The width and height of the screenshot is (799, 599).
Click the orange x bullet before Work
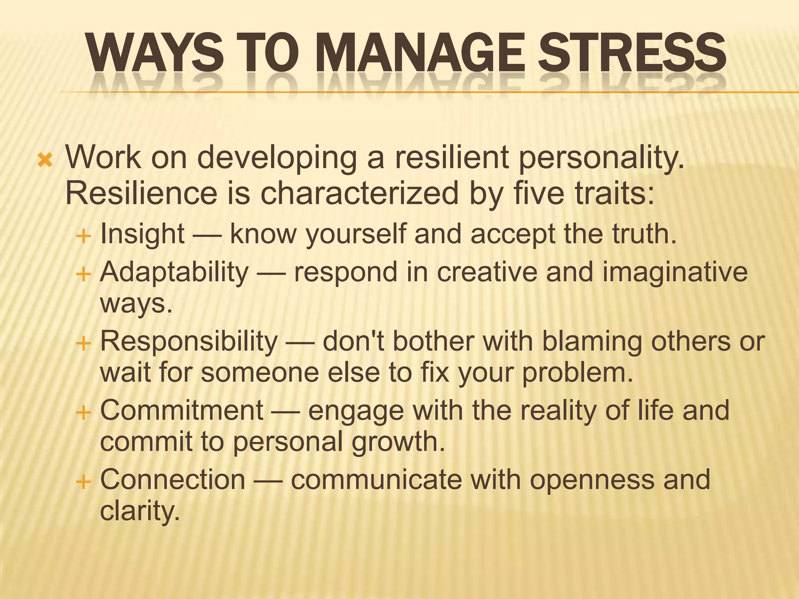[x=45, y=160]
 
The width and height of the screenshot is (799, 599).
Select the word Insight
[x=142, y=234]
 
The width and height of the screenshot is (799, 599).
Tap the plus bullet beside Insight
[x=83, y=236]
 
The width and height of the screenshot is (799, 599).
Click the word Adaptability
[x=174, y=272]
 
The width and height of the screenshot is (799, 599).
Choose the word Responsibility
[x=189, y=342]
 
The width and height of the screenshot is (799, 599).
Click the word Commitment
[x=182, y=410]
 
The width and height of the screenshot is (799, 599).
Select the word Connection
[x=173, y=480]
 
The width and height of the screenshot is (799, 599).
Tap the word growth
[x=398, y=441]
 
